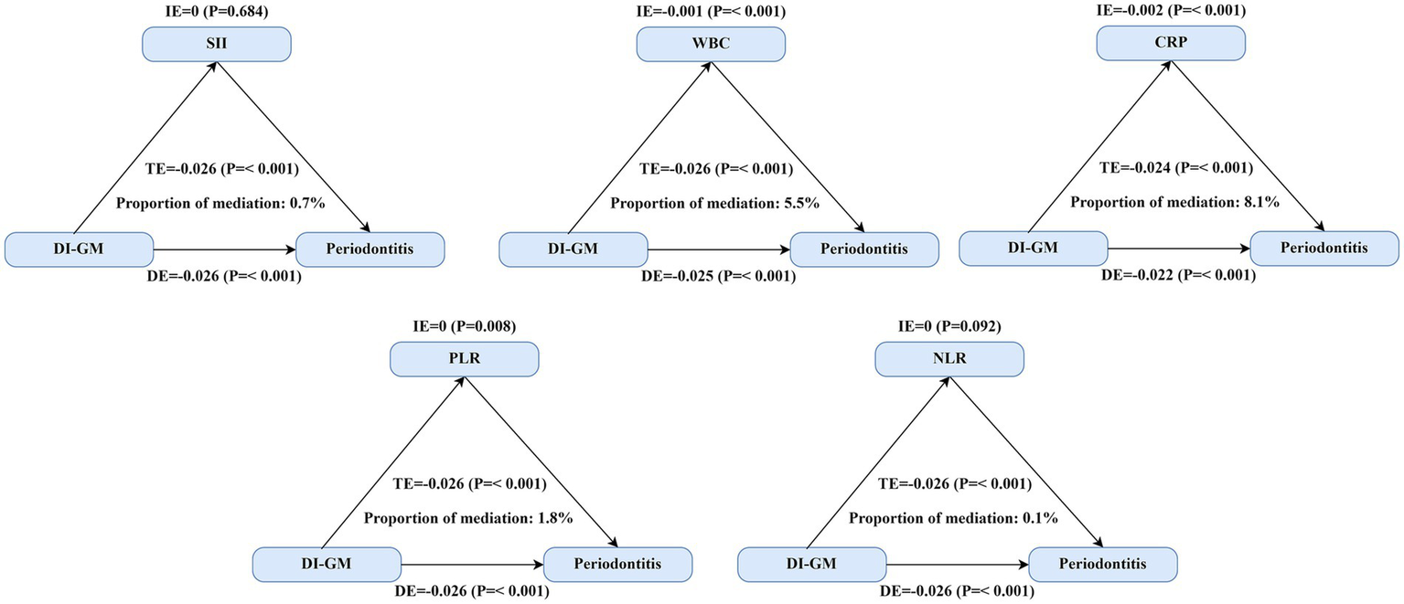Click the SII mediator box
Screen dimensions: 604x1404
[216, 44]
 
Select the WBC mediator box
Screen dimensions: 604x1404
[711, 44]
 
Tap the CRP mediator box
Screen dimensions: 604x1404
[1171, 42]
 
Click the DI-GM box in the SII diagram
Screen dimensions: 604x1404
[79, 249]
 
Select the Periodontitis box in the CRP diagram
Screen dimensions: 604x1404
[1324, 248]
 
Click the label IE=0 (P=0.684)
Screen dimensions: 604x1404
[217, 11]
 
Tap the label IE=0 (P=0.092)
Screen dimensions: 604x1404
[949, 326]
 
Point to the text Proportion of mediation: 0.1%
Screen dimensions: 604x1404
[954, 518]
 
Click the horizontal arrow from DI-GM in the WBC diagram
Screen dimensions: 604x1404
[718, 249]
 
